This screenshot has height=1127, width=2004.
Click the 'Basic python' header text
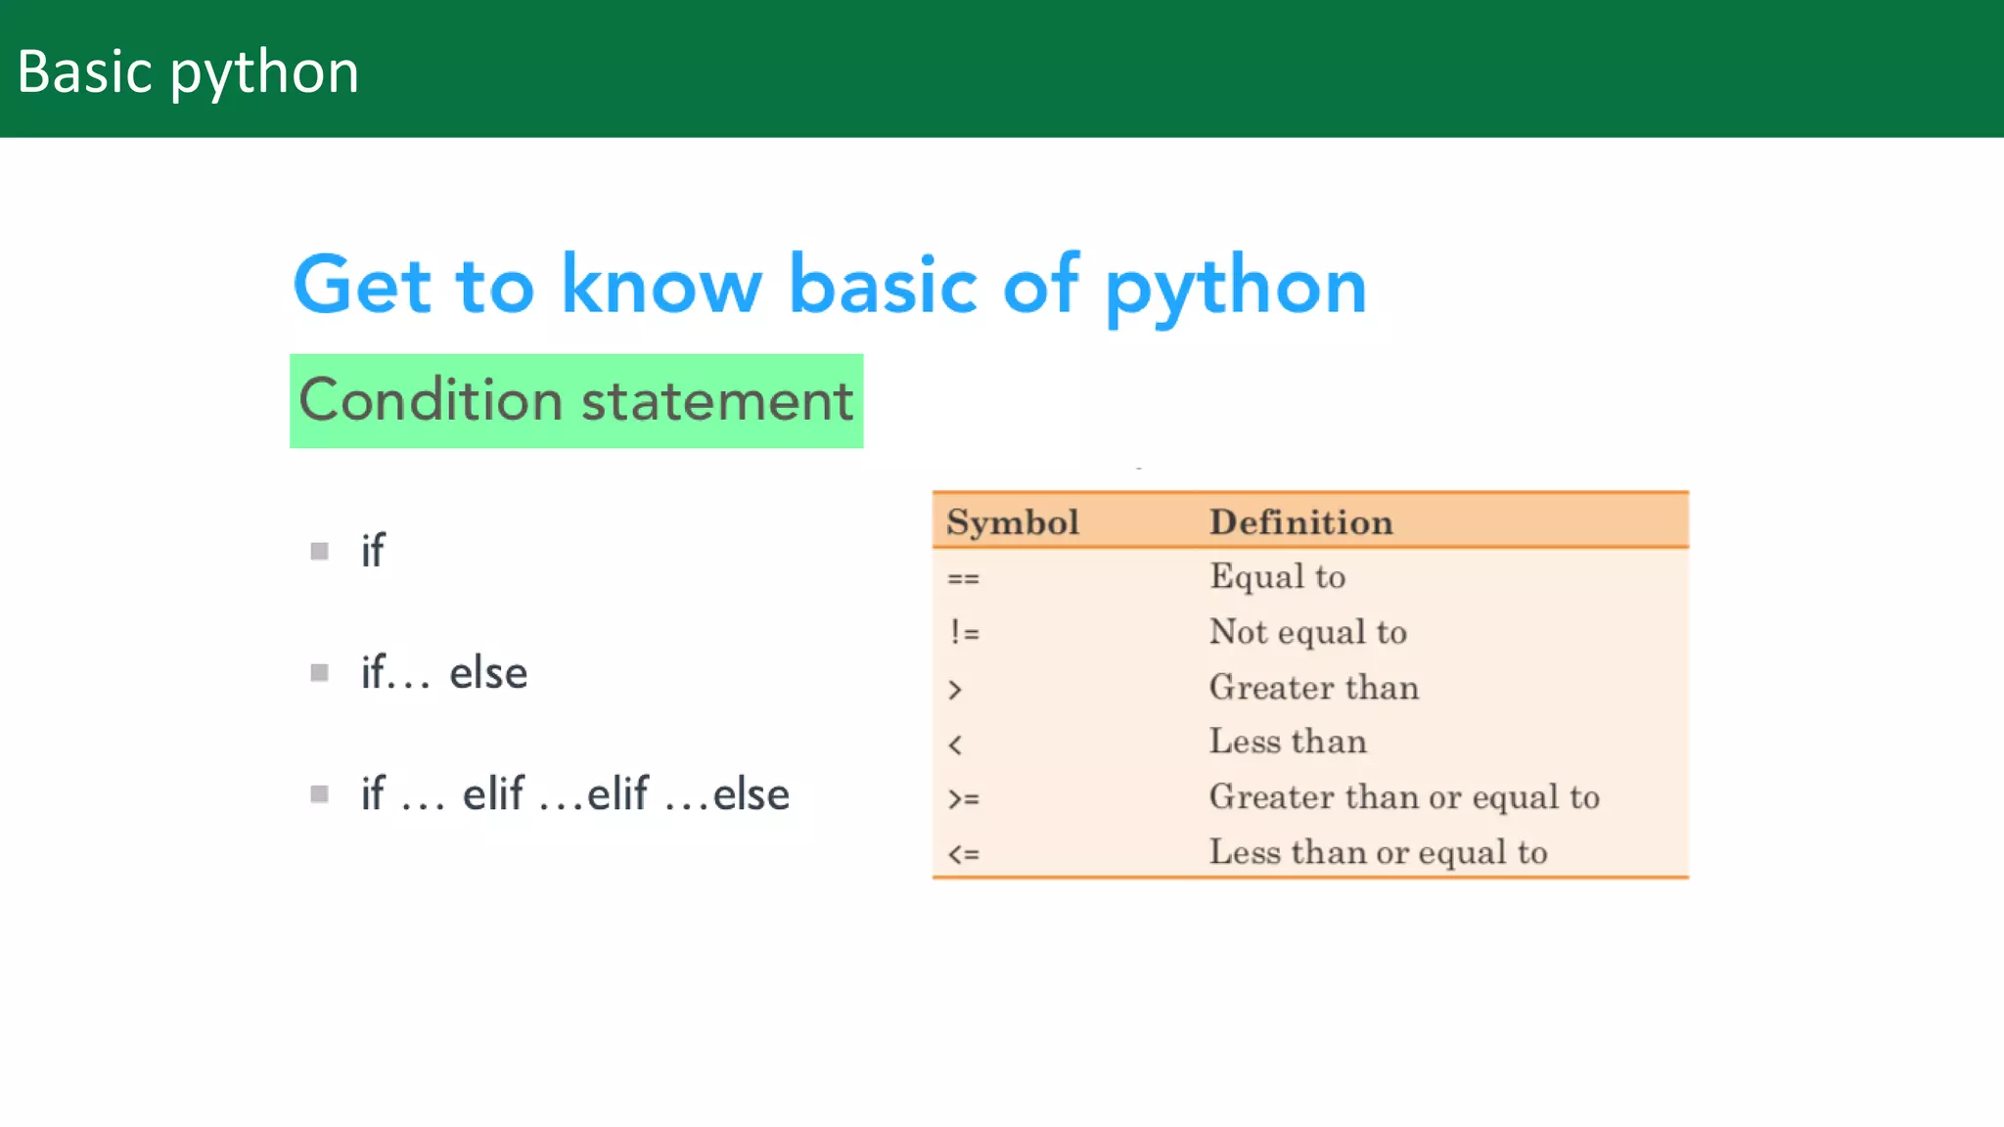point(188,72)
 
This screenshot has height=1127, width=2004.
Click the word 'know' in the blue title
point(660,285)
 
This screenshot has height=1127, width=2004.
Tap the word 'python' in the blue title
point(1235,287)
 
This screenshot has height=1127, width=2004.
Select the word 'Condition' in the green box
point(431,400)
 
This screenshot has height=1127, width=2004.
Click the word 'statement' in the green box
point(717,401)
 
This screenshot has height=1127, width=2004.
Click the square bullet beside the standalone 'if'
point(319,551)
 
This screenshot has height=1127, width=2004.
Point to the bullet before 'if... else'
point(319,672)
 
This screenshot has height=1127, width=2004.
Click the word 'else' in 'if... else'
point(488,673)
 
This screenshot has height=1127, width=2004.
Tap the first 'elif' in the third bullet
point(493,793)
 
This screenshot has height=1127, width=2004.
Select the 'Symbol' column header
point(1012,522)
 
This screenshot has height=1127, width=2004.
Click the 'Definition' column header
point(1300,522)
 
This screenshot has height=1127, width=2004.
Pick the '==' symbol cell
point(963,578)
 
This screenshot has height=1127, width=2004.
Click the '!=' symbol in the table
point(964,633)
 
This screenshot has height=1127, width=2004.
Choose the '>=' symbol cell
point(963,798)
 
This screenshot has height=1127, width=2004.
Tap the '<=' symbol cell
point(963,854)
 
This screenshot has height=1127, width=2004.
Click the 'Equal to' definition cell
point(1277,576)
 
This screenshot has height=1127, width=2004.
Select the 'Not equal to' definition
point(1307,632)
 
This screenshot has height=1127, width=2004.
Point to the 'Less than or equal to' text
point(1378,852)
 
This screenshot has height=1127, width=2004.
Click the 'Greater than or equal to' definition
point(1403,797)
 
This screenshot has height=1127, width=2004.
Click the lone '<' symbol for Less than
point(955,744)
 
